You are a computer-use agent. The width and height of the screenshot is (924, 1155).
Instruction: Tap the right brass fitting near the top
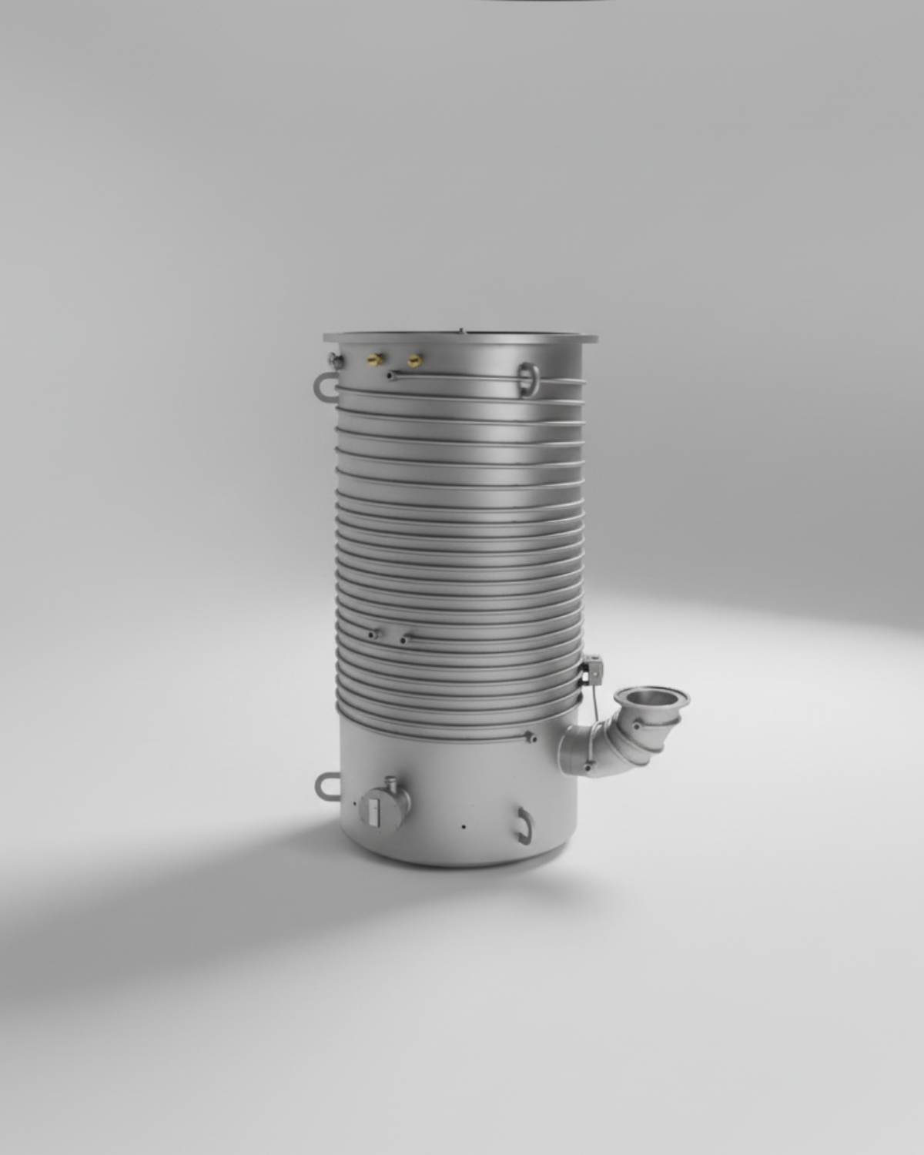coord(414,360)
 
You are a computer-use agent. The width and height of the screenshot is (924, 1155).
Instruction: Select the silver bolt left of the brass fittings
coord(334,359)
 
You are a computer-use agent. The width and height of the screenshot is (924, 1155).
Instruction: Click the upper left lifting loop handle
coord(324,384)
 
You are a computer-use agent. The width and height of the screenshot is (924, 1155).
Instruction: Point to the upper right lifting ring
coord(528,378)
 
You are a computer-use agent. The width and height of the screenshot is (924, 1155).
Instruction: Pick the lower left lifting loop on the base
coord(326,786)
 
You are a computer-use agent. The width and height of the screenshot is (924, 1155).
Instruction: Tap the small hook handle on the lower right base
coord(524,825)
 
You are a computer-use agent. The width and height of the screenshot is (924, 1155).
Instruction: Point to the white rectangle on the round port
coord(374,812)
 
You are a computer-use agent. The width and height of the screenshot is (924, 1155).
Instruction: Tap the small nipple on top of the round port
coord(391,783)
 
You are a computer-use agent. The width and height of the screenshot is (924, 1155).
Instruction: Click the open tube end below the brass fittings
coord(392,375)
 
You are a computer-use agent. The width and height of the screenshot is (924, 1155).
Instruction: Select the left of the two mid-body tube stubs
coord(372,635)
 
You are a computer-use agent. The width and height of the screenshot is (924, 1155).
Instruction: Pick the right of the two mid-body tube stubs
coord(403,639)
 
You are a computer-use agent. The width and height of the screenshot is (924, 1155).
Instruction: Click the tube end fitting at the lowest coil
coord(530,738)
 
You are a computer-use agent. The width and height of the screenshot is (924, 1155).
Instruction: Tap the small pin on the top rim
coord(461,332)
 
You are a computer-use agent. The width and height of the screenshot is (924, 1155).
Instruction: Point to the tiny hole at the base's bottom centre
coord(463,828)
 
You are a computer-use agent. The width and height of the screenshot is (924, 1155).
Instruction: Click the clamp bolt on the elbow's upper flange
coord(636,723)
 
